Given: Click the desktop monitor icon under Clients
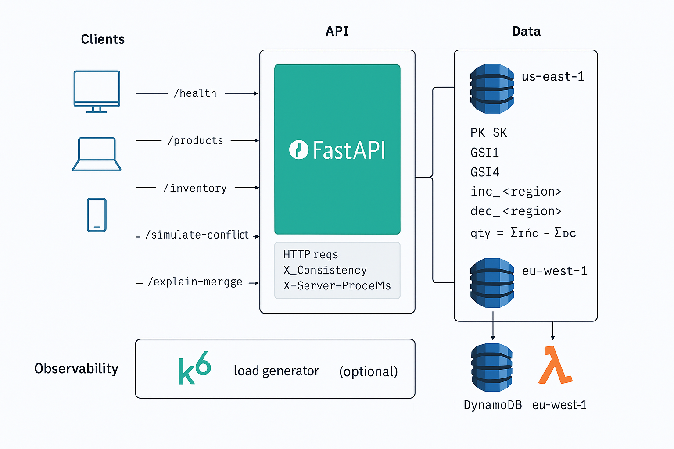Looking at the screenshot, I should tap(97, 91).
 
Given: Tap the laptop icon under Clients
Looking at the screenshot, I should tap(97, 154).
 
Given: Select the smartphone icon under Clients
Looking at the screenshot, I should tap(97, 215).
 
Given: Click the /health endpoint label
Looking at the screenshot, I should tap(195, 93).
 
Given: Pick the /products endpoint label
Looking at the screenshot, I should tap(196, 141).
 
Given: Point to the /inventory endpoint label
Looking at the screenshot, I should tap(195, 188).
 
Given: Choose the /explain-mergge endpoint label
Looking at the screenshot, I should tap(195, 282).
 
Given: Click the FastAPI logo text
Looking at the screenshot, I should tap(337, 150).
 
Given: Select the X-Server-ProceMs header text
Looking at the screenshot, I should tap(337, 286).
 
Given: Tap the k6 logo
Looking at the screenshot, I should tap(194, 368).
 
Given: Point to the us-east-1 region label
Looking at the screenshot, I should tap(553, 77).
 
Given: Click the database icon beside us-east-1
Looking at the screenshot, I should tap(492, 89).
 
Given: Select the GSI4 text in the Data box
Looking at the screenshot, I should tap(485, 172).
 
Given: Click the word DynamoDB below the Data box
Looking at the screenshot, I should tap(493, 405).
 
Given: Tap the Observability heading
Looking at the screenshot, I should tap(76, 369).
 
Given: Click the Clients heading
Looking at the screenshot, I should tap(103, 39).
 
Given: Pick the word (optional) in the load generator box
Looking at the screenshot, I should tap(368, 371).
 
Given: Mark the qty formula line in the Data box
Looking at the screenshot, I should tap(523, 232).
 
